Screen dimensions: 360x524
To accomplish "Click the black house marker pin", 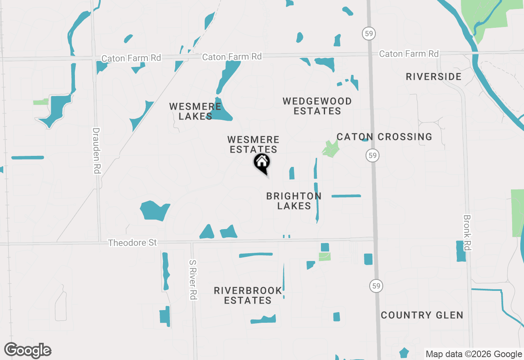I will click(x=262, y=163).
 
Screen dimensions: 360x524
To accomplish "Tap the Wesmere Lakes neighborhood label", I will click(x=195, y=111).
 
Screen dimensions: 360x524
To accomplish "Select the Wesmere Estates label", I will click(x=253, y=145).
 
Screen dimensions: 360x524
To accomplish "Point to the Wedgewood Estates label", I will click(x=317, y=106).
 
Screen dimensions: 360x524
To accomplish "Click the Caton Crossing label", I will click(x=384, y=137).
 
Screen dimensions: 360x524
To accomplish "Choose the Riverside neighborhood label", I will click(x=434, y=76).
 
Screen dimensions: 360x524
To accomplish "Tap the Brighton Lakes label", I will click(x=294, y=201).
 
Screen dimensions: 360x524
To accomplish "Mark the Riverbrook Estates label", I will click(x=248, y=295).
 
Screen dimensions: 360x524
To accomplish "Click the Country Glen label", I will click(x=422, y=315).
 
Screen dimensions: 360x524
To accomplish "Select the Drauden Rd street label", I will click(x=96, y=151).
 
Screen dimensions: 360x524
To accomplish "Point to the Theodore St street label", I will click(x=132, y=243).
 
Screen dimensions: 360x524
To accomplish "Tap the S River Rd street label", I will click(x=193, y=279).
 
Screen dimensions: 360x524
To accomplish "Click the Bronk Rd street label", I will click(x=468, y=232).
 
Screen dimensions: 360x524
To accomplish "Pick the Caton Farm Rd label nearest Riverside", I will click(x=409, y=54).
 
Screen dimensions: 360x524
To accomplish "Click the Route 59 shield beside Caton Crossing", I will click(x=372, y=155).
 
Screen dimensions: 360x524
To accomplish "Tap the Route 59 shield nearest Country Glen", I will click(x=375, y=286).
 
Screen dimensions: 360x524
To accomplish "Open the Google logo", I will click(x=28, y=351).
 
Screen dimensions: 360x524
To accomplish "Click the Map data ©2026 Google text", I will click(x=474, y=354).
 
